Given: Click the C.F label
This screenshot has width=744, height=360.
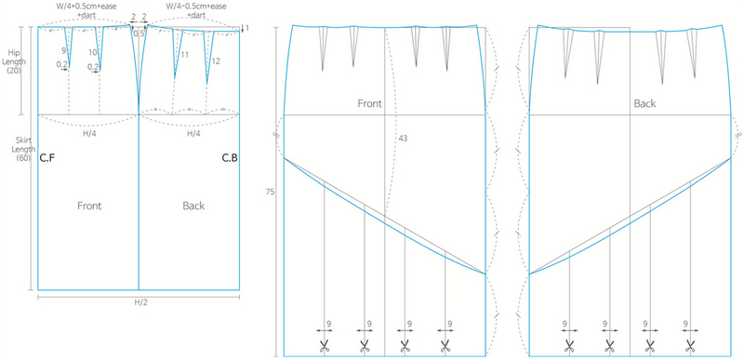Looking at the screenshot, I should (x=49, y=158).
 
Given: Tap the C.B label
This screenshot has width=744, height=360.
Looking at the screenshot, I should (x=230, y=158).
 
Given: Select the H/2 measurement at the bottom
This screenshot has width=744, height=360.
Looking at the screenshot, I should (x=138, y=303).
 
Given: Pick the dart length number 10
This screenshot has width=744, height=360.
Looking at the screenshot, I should (x=92, y=53).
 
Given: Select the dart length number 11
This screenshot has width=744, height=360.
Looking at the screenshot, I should (x=184, y=56).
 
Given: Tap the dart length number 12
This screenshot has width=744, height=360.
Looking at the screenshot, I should (x=215, y=61).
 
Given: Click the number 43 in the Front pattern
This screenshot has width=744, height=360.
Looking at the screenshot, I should (x=403, y=138).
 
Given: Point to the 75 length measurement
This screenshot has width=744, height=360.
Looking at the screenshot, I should (x=271, y=193).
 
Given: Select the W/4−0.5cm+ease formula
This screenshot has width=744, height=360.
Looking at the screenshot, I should (x=200, y=7).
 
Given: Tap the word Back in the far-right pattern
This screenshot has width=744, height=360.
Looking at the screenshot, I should (x=644, y=104).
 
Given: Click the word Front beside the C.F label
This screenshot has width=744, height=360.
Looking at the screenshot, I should (x=89, y=206).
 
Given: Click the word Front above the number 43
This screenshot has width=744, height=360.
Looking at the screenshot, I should (x=370, y=104).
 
